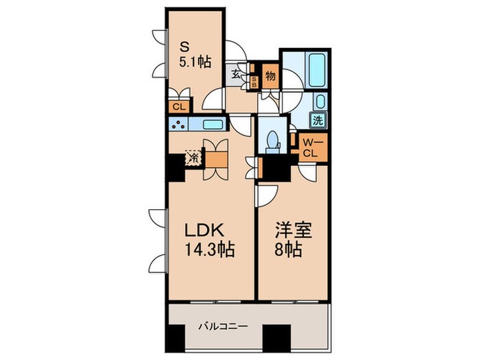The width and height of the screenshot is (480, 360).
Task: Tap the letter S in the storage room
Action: coord(183,47)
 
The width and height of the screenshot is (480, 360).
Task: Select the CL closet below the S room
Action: coord(179,106)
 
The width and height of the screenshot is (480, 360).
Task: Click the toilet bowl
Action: coord(273,140)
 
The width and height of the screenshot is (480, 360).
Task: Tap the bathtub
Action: coord(315,70)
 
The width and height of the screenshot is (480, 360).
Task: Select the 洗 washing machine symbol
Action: coord(319,119)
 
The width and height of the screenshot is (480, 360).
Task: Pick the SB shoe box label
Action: coord(254,82)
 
